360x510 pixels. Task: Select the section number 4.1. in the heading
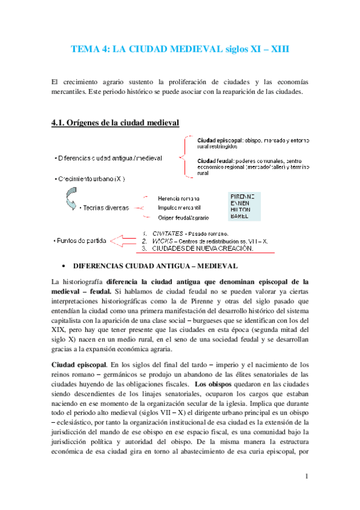[61, 123]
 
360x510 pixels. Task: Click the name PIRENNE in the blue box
[243, 196]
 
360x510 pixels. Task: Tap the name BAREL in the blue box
[240, 216]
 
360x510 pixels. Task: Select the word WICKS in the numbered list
[163, 241]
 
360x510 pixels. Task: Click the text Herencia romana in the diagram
[179, 198]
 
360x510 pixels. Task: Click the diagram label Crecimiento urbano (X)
[91, 179]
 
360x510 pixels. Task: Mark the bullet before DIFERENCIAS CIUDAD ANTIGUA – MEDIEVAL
[63, 265]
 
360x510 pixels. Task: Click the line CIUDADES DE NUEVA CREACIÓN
[203, 248]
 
